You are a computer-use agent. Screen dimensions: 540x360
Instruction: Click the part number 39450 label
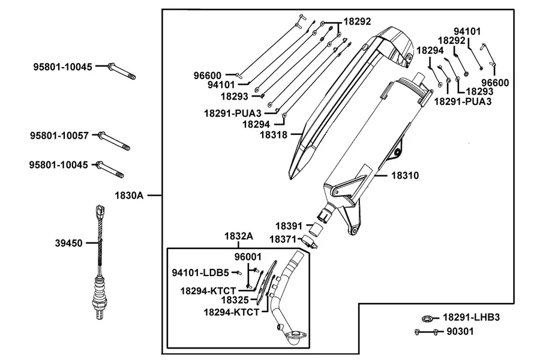click(x=69, y=243)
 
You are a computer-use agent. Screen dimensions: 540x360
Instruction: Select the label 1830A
click(x=129, y=196)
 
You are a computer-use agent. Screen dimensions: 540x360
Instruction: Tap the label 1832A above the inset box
click(x=239, y=236)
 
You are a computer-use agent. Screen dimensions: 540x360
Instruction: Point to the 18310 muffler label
click(x=405, y=175)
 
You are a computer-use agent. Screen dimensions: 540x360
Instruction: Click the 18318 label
click(x=274, y=134)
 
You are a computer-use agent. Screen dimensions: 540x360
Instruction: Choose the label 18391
click(x=289, y=226)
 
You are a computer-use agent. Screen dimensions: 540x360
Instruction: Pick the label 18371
click(x=283, y=239)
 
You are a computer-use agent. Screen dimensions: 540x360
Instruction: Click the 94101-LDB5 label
click(x=200, y=273)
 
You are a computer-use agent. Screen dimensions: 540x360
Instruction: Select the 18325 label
click(x=235, y=300)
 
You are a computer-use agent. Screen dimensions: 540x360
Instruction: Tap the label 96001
click(x=248, y=257)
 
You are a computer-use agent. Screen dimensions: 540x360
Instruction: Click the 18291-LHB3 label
click(x=471, y=317)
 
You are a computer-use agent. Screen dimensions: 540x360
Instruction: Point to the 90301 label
click(x=460, y=331)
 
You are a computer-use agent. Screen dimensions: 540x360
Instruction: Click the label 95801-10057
click(x=59, y=136)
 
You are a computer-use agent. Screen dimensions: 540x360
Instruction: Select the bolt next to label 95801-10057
click(x=114, y=141)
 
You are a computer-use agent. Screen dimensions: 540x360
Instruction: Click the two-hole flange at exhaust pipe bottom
click(x=295, y=334)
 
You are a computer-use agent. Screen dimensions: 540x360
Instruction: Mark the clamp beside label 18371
click(x=308, y=241)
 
